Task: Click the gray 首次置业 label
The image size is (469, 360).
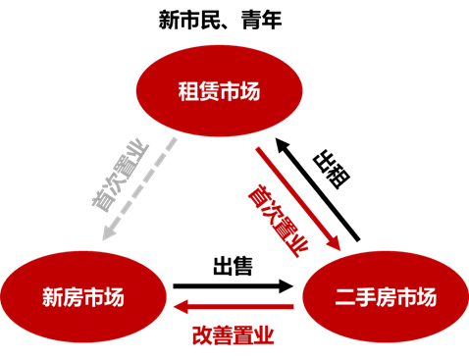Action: pyautogui.click(x=117, y=176)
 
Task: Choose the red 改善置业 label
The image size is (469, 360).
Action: pyautogui.click(x=233, y=334)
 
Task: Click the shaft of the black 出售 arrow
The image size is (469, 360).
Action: pyautogui.click(x=226, y=286)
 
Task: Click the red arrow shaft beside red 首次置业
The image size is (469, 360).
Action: pyautogui.click(x=294, y=196)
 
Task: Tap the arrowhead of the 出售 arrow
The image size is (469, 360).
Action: pyautogui.click(x=287, y=286)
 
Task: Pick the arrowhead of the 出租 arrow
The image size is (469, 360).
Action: pyautogui.click(x=280, y=143)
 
